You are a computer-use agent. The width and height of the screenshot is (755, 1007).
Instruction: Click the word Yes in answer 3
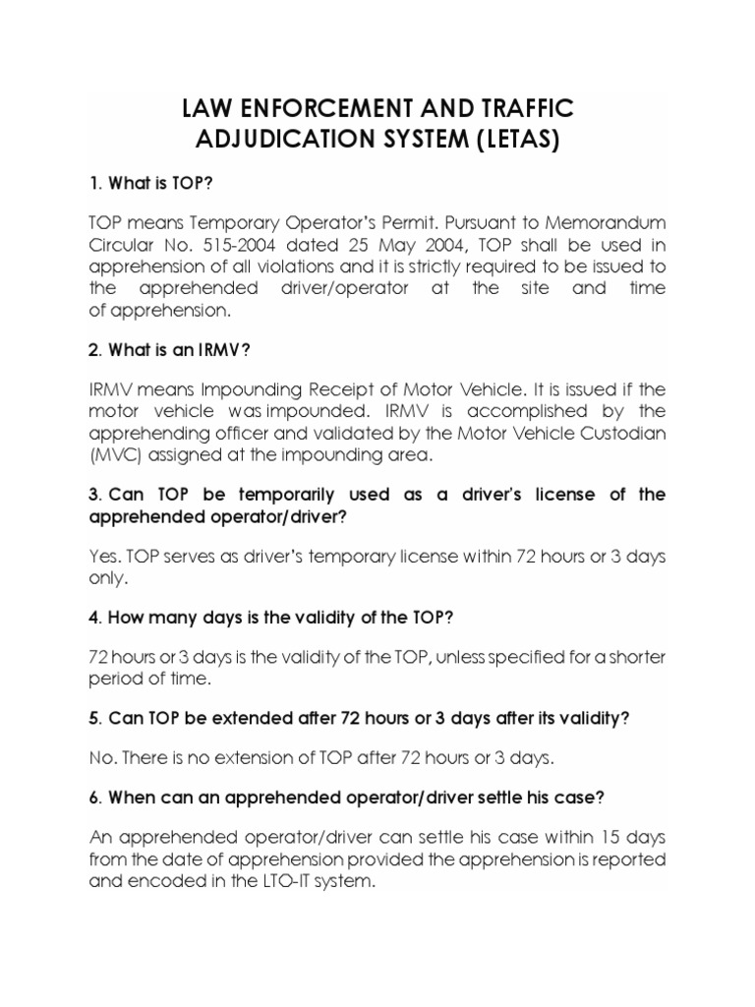point(105,556)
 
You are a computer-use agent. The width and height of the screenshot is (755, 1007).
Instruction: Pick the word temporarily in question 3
point(263,494)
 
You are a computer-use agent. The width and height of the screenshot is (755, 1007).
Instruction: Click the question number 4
point(94,618)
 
